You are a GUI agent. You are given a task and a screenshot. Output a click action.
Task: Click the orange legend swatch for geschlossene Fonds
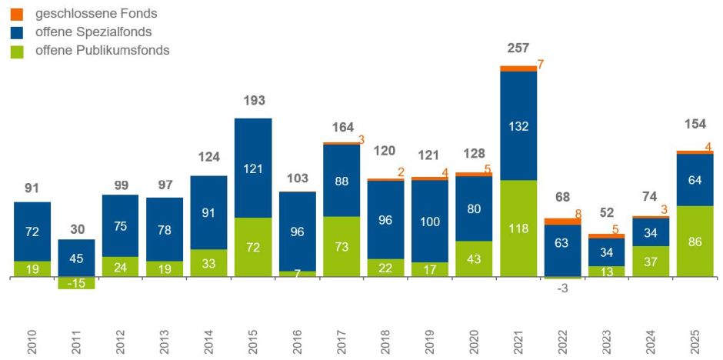18,14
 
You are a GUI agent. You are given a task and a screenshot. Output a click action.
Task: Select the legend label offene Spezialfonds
98,32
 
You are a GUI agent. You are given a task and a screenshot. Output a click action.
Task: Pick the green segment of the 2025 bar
695,241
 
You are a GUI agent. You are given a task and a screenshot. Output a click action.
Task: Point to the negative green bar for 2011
76,282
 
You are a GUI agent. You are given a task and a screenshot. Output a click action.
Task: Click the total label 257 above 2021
518,48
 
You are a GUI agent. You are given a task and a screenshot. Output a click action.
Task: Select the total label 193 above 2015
253,102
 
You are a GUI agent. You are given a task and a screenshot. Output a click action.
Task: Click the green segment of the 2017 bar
342,246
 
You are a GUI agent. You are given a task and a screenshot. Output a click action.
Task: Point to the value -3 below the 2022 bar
562,289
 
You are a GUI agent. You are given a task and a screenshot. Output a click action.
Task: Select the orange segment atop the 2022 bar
562,222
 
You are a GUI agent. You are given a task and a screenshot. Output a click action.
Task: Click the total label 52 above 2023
607,212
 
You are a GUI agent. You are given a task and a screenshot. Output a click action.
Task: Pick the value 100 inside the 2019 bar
430,220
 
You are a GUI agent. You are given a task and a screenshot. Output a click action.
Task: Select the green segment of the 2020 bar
474,258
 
